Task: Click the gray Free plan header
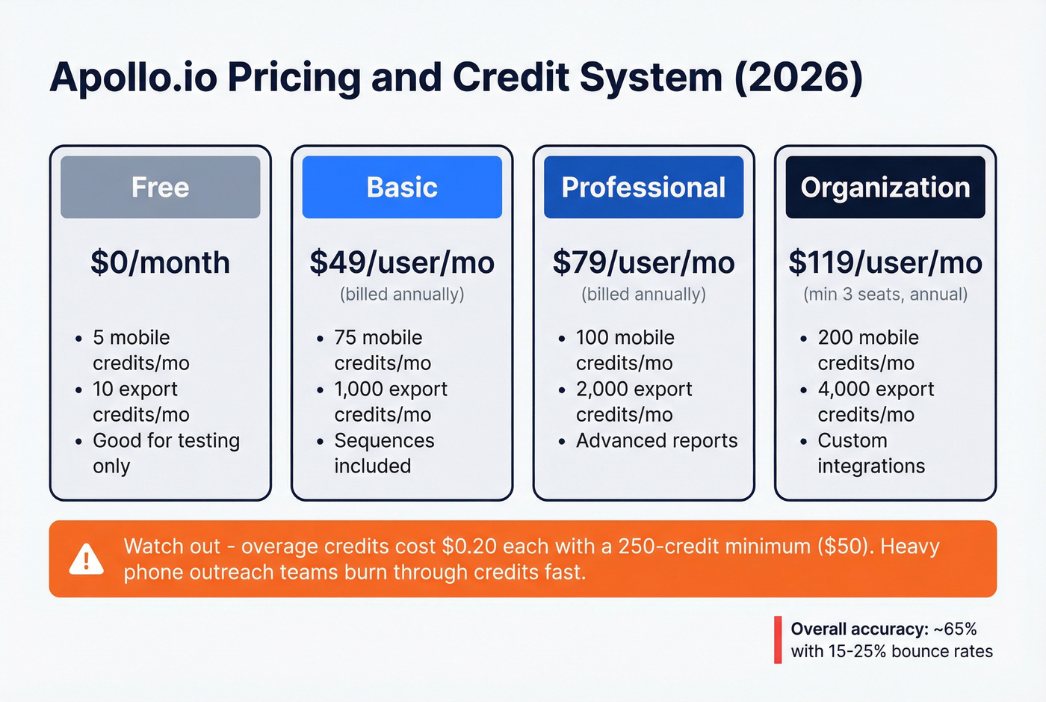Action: (x=160, y=187)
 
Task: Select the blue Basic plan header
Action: (x=402, y=187)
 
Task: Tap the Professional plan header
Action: (x=643, y=187)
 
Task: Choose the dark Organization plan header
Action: (x=885, y=187)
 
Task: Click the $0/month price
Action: (x=160, y=262)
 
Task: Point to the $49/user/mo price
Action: (x=402, y=262)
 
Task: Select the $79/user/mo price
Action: (x=643, y=262)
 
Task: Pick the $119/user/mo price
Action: (x=885, y=262)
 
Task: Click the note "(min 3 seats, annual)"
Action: (x=885, y=295)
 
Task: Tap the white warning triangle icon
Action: (x=87, y=559)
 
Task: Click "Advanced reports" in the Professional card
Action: (x=656, y=440)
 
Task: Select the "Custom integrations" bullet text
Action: (x=870, y=453)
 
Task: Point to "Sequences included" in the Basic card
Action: (x=383, y=453)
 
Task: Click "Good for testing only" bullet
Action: (x=165, y=453)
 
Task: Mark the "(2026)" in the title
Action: (x=799, y=77)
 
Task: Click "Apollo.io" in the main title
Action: (x=133, y=77)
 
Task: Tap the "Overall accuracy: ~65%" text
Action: (x=883, y=629)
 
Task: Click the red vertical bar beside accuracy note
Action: (x=778, y=639)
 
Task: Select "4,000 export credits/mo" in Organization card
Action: (x=875, y=401)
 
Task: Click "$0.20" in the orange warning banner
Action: (x=469, y=546)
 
